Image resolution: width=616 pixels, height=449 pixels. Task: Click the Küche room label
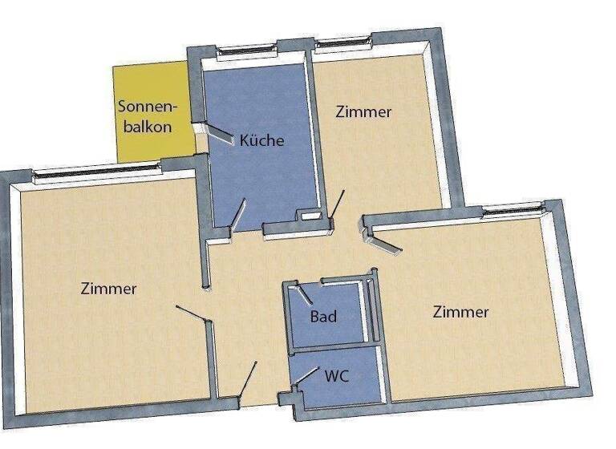261,141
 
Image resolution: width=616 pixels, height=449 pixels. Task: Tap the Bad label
323,316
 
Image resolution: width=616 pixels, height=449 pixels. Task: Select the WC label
336,374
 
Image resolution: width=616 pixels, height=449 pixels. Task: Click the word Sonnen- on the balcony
147,107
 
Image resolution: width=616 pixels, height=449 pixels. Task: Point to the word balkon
145,127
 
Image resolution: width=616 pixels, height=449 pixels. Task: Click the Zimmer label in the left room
108,289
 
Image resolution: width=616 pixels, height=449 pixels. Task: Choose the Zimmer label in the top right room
363,112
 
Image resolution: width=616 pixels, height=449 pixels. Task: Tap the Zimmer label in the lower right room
460,312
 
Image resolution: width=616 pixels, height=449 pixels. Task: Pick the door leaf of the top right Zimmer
339,204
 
